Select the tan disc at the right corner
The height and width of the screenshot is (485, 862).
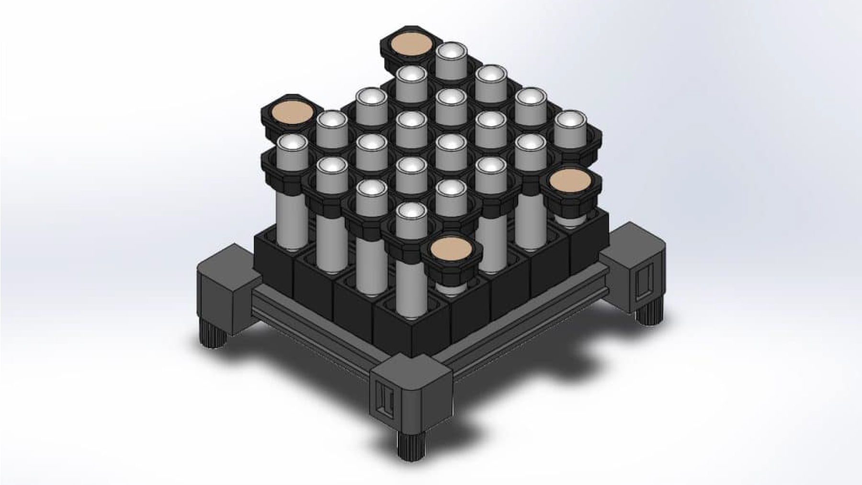(x=570, y=181)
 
